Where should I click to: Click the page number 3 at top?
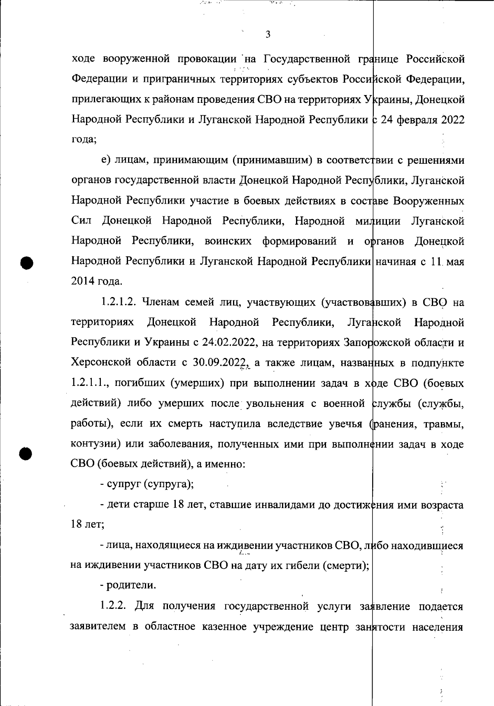pyautogui.click(x=268, y=35)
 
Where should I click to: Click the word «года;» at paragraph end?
pyautogui.click(x=84, y=139)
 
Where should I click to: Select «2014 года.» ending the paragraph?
pyautogui.click(x=97, y=282)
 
